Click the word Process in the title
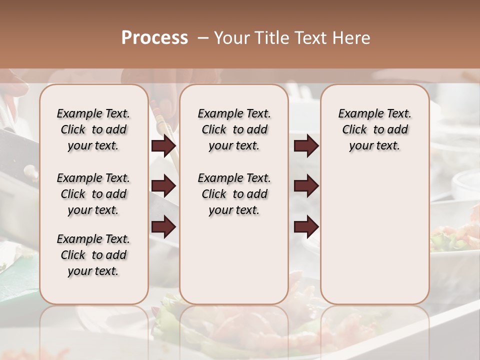click(154, 38)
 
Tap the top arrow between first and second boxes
click(163, 146)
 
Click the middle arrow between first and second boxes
click(163, 186)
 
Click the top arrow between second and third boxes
click(306, 146)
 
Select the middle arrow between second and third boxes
click(306, 186)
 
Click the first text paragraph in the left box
click(93, 129)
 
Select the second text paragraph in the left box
click(93, 194)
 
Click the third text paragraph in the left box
click(93, 255)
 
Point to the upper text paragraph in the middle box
click(234, 129)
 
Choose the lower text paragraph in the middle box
click(234, 194)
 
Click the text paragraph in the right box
click(374, 129)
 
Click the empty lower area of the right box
click(374, 235)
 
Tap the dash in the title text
click(203, 38)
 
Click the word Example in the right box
click(355, 114)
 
